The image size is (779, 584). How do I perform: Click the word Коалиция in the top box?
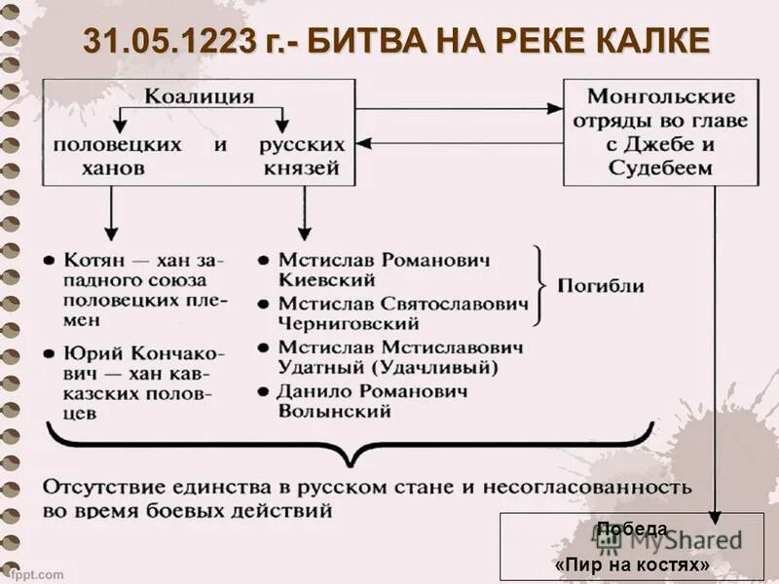click(x=200, y=96)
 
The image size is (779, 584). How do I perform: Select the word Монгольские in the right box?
click(x=660, y=97)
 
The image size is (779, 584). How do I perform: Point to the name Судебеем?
click(x=660, y=167)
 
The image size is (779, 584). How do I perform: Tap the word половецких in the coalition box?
click(x=117, y=144)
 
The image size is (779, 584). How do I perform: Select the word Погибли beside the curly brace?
click(x=600, y=286)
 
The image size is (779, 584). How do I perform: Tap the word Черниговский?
click(x=348, y=323)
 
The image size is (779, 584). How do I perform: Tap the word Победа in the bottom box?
click(x=631, y=529)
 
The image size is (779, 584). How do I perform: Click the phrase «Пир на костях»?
click(x=631, y=565)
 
